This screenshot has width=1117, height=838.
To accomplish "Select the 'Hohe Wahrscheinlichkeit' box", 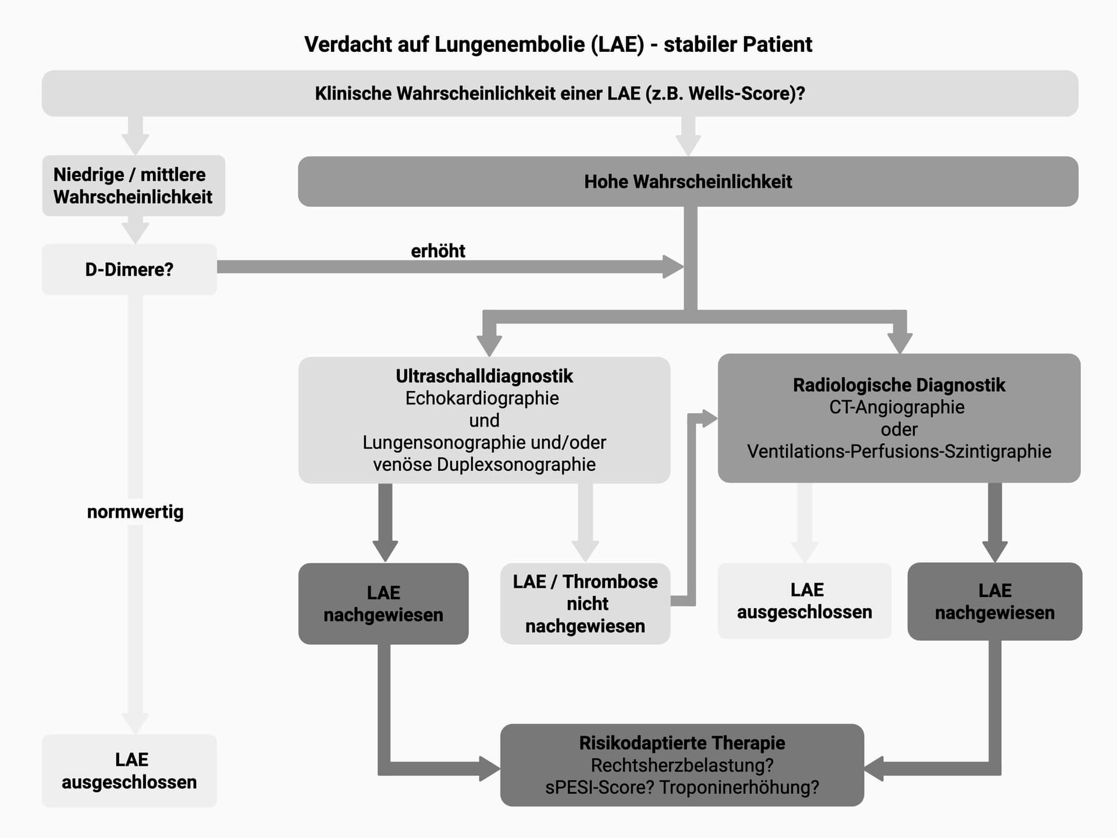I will pos(688,182).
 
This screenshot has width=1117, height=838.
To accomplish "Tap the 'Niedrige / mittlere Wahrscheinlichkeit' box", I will pos(133,186).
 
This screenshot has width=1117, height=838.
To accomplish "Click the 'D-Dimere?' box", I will pos(129,269).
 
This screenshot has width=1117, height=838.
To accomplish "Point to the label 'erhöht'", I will pos(437,251).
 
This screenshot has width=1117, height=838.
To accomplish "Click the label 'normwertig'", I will pos(135,512).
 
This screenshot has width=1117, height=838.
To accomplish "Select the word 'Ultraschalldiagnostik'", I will pos(484,377).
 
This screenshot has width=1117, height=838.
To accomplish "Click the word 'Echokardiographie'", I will pos(482,399).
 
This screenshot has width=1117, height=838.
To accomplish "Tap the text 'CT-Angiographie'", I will pos(897,407).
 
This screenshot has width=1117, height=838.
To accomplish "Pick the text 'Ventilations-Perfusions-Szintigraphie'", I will pos(899,452).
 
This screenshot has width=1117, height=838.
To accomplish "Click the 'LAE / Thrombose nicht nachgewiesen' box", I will pos(585,603).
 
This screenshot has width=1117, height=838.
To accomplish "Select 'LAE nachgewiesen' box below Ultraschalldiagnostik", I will pos(383,603).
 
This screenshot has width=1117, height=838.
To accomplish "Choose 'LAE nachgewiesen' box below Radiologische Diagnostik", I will pos(994,601).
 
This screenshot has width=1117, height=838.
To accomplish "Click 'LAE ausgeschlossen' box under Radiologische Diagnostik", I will pos(804,601).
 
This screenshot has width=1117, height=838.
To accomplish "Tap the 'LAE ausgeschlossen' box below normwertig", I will pos(129,770).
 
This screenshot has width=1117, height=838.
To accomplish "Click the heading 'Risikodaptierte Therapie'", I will pos(682,743).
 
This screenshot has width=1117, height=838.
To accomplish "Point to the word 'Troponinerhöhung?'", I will pos(739,787).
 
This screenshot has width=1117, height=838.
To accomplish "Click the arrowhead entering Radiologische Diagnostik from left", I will pos(709,418).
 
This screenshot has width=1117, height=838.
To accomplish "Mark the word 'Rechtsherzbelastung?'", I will pos(682,765).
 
